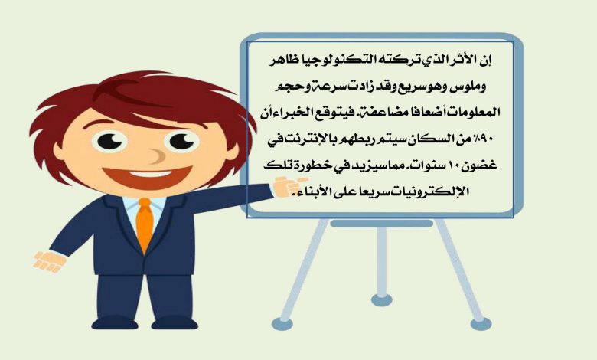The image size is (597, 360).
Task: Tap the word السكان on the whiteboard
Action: pos(425,139)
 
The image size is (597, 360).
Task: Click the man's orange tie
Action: pos(145,224)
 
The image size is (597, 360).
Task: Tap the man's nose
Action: pos(156,155)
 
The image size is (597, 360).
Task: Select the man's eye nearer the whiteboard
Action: pos(182,142)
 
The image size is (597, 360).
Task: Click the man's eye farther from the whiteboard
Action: pos(110,142)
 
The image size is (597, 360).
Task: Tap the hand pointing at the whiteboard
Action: pos(289,186)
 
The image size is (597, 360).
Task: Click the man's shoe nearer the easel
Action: pos(175,323)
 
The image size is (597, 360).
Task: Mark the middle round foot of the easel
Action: pos(381,300)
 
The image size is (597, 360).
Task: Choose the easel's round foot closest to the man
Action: pos(282,324)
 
